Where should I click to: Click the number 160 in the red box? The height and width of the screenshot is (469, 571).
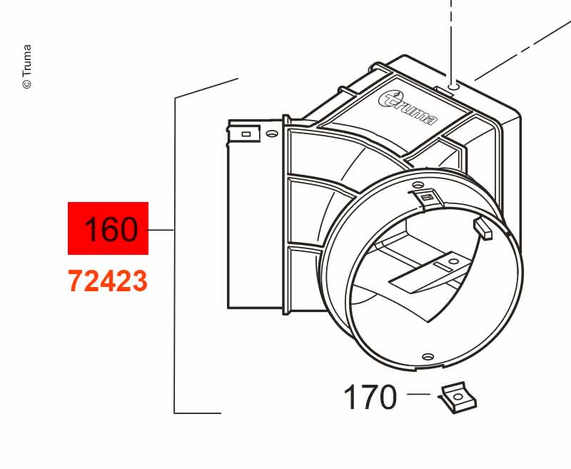[111, 229]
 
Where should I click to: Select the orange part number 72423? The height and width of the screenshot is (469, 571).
[108, 281]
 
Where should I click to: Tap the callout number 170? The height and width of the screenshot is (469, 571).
[370, 397]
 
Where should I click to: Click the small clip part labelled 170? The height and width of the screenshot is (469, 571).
[458, 398]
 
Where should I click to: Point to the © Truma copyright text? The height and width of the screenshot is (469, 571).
[27, 66]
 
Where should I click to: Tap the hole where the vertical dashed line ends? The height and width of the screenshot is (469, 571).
[453, 87]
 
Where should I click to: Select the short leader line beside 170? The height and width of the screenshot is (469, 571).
[418, 394]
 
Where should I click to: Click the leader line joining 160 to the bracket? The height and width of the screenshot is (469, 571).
[160, 230]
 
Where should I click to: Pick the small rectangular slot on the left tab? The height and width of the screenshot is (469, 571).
[246, 134]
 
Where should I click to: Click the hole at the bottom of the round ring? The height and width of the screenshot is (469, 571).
[428, 355]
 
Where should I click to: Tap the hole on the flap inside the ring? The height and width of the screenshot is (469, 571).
[453, 261]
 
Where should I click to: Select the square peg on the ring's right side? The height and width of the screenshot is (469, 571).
[482, 228]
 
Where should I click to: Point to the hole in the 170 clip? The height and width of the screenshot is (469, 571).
[456, 395]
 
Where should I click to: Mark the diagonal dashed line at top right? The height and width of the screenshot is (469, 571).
[523, 51]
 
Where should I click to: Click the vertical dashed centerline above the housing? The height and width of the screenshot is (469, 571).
[451, 40]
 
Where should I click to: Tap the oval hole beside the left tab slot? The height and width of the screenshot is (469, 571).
[271, 133]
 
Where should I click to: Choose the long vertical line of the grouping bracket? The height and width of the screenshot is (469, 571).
[175, 256]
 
